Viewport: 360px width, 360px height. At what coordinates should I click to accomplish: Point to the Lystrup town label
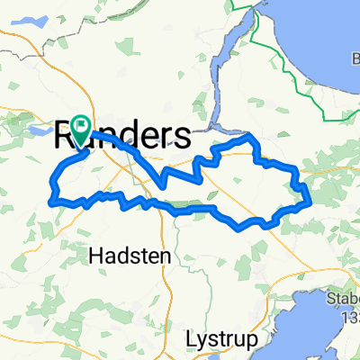point(221,339)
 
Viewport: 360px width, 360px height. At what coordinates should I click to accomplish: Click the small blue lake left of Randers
point(40,131)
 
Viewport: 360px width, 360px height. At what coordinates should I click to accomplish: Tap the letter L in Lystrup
point(190,339)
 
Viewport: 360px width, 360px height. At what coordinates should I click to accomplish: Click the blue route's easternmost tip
point(310,200)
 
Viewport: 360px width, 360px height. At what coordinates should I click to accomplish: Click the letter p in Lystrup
point(252,342)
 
